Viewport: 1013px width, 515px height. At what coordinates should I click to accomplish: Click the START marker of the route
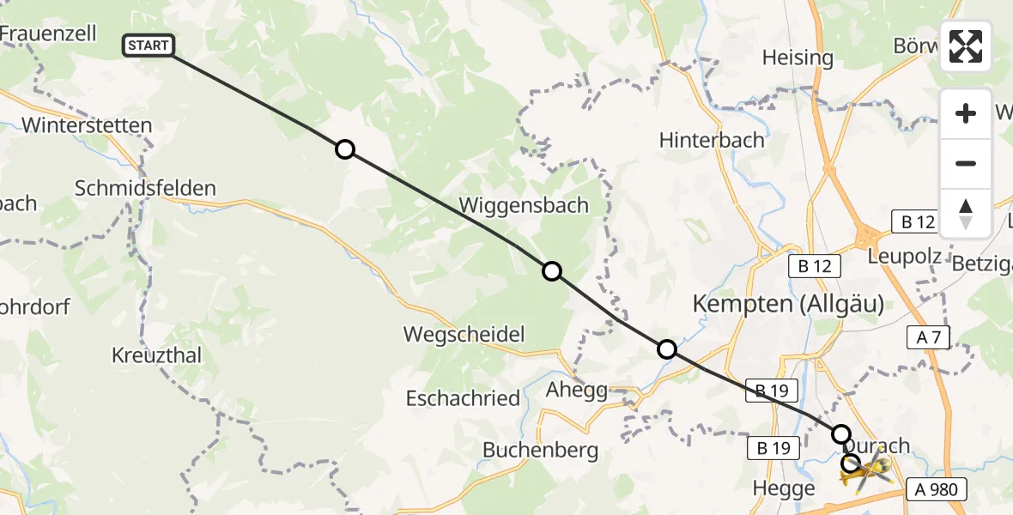click(149, 45)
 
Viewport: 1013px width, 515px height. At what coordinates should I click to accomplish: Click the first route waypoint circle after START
click(344, 150)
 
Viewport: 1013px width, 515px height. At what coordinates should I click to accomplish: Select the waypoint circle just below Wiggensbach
click(552, 271)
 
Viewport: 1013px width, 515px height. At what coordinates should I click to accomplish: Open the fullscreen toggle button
click(966, 46)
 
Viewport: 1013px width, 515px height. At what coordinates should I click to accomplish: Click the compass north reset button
click(966, 214)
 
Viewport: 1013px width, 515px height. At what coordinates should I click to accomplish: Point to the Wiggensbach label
click(524, 205)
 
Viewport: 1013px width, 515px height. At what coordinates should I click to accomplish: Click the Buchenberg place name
click(540, 450)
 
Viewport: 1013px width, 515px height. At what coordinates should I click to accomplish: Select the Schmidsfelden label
click(146, 188)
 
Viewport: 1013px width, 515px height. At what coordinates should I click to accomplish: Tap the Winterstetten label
click(87, 125)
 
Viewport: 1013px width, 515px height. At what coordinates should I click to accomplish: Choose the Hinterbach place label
click(712, 140)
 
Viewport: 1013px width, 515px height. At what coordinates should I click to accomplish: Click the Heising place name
click(798, 58)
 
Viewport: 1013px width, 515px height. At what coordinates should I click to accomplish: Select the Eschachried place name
click(463, 398)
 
